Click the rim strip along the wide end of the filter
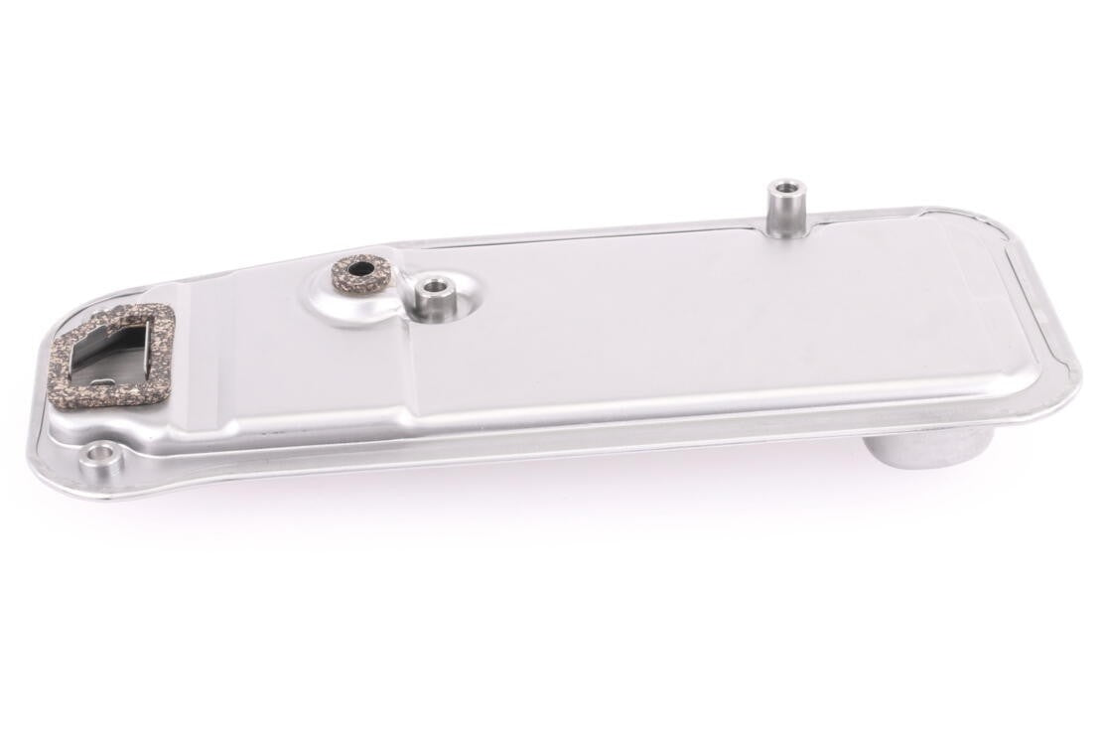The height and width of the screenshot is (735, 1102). click(1042, 298)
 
